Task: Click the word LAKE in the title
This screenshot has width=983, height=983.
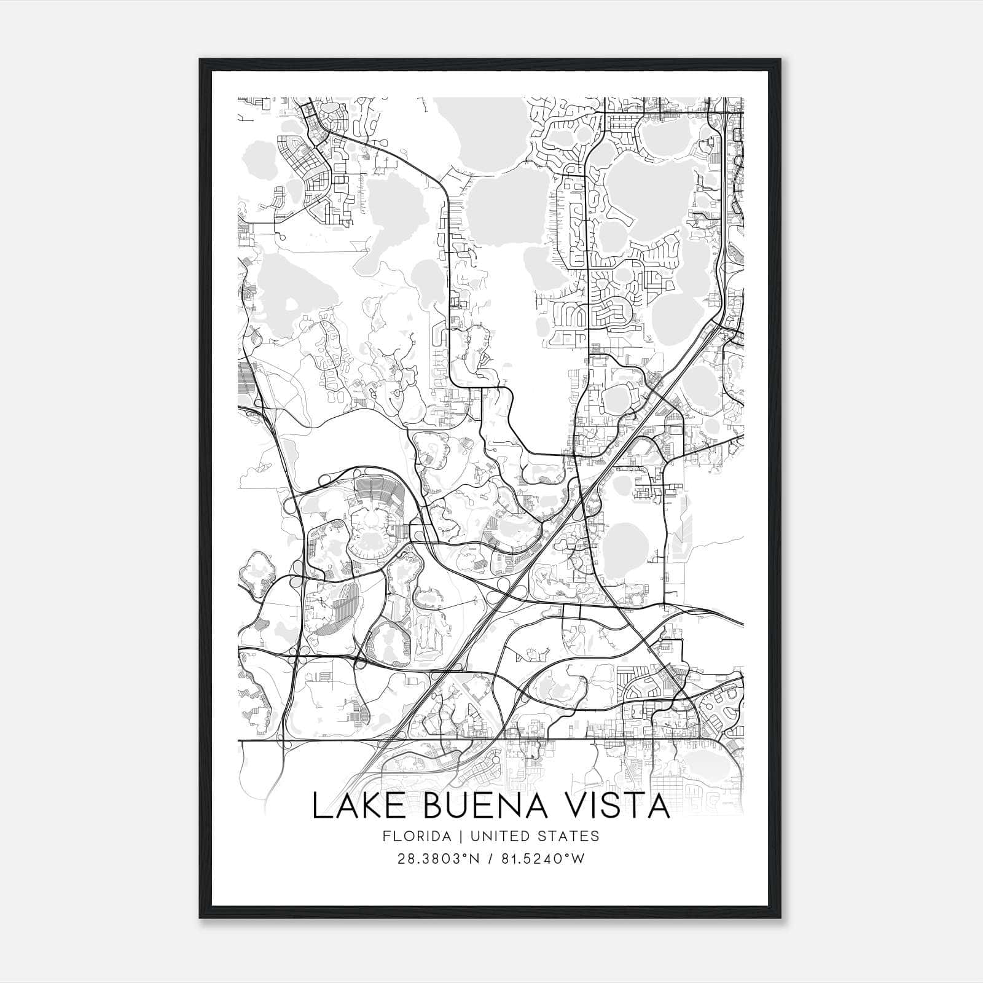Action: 351,806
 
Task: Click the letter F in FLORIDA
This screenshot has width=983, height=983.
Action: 386,836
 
